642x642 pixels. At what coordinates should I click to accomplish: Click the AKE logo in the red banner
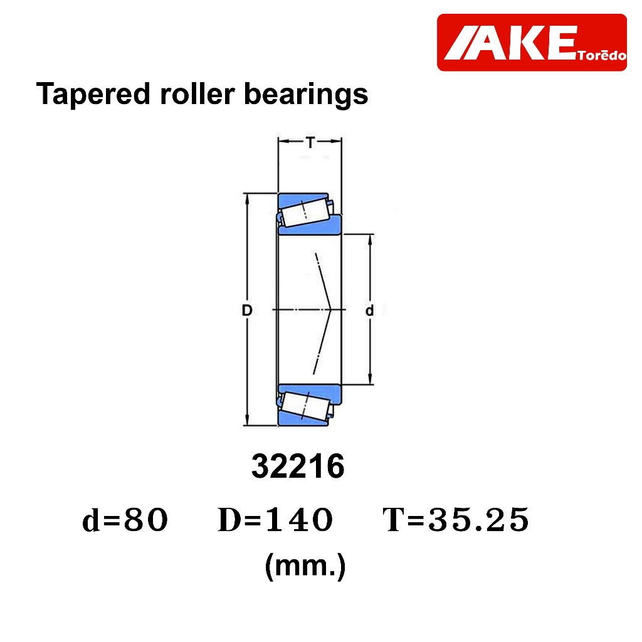(x=510, y=43)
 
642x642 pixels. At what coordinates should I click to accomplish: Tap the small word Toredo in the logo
(x=602, y=55)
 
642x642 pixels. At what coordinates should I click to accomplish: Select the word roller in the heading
(x=197, y=94)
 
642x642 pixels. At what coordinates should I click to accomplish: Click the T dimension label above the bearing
(x=310, y=142)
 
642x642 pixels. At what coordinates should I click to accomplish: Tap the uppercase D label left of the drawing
(x=247, y=310)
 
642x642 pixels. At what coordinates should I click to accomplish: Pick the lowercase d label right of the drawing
(x=369, y=310)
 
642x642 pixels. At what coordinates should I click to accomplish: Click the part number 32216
(x=298, y=466)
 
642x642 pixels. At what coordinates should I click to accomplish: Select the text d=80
(x=125, y=520)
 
